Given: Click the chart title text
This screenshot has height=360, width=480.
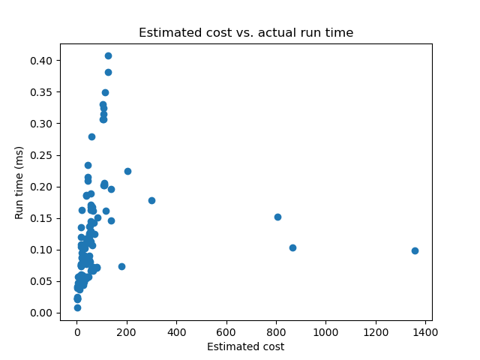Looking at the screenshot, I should [246, 33].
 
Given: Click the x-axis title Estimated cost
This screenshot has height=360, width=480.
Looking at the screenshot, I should [246, 346].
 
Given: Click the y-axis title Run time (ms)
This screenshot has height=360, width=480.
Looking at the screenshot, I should [20, 182].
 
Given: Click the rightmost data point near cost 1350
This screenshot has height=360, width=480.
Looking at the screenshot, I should [415, 250].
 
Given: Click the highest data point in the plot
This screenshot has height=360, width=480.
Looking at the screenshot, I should [108, 55].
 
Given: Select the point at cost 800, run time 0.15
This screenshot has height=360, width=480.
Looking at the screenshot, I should [277, 217].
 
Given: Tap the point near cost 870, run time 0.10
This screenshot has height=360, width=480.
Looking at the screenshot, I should [292, 247].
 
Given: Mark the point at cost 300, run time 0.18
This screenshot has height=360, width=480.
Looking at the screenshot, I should [151, 200].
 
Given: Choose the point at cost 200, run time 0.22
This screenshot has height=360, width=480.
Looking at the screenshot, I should [127, 171].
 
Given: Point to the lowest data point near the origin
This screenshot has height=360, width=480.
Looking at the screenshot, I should [77, 307].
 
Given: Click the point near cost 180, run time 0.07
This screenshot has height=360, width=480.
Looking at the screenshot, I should [121, 266].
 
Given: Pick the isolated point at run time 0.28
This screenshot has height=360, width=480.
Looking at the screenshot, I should [91, 136].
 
